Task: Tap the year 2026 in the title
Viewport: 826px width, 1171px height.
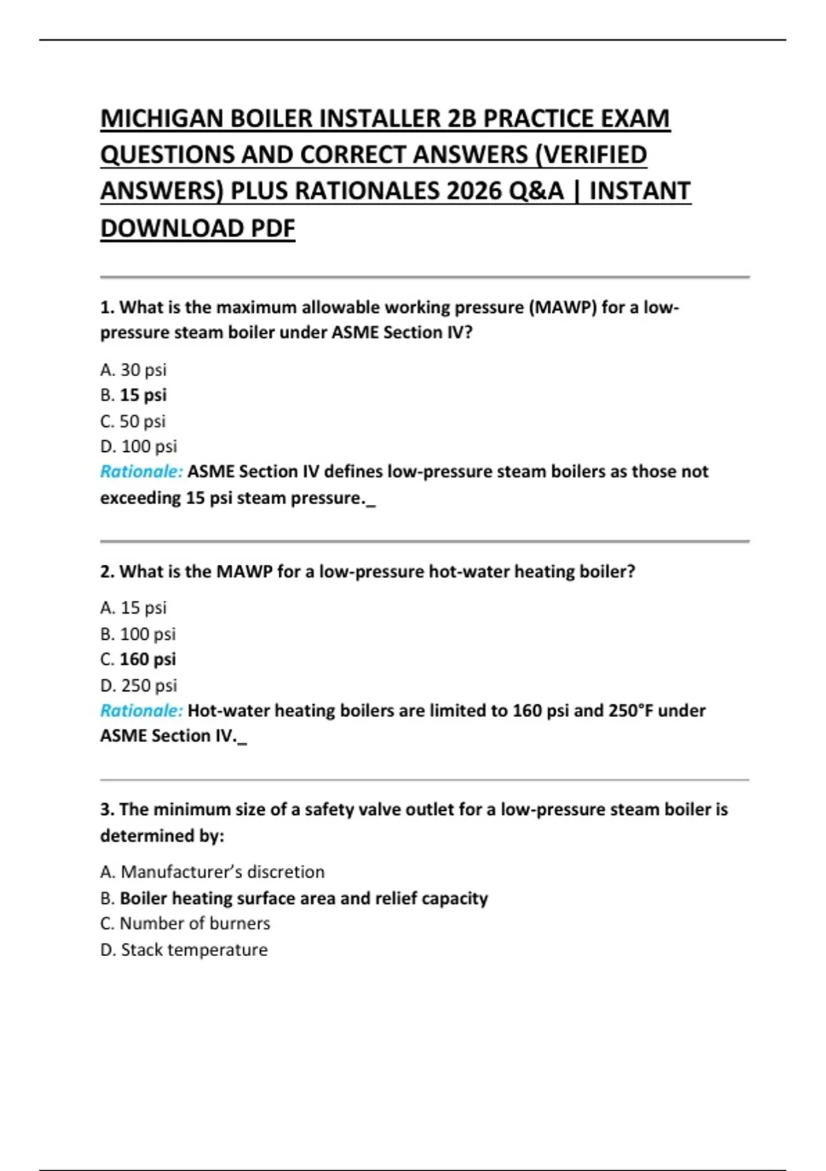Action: [474, 191]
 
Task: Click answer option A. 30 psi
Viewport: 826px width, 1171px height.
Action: [134, 370]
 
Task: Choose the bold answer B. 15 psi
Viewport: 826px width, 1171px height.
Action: [134, 395]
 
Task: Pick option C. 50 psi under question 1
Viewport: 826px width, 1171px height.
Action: [134, 421]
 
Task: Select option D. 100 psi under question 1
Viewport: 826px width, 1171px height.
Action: [138, 446]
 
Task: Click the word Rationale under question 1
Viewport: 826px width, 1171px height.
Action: [141, 472]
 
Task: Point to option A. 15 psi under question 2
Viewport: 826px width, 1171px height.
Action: [134, 608]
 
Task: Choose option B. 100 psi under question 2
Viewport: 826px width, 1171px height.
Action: [138, 634]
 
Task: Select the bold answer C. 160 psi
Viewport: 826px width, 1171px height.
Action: [138, 659]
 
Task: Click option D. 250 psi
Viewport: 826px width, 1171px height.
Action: [138, 685]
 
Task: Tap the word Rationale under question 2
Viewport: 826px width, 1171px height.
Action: [141, 711]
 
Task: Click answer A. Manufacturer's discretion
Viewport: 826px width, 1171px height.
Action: [212, 872]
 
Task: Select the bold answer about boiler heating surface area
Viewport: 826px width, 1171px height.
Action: [294, 898]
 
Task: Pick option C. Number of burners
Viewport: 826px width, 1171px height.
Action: [185, 924]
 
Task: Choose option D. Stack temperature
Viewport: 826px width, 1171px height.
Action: [184, 950]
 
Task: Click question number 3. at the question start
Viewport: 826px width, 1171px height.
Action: [107, 809]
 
